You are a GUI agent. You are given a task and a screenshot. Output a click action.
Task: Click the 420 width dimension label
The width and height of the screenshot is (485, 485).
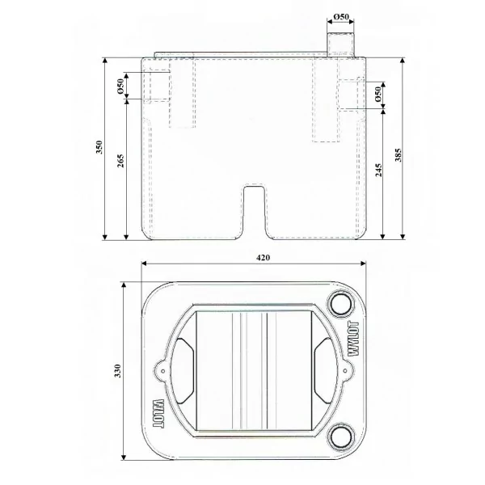pos(263,257)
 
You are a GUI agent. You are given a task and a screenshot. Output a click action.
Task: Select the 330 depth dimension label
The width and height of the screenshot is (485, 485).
pos(117,371)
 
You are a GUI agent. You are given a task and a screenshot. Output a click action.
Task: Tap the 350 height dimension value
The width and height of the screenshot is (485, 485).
pos(99,148)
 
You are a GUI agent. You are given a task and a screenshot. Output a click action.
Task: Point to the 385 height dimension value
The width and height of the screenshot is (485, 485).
pos(398,155)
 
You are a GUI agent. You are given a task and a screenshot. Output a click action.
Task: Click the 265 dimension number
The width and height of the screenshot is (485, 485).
pos(120,161)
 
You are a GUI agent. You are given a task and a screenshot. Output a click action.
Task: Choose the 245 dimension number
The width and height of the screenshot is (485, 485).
pos(378,171)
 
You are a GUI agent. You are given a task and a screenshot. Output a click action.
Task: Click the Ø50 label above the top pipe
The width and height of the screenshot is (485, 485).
pos(341,16)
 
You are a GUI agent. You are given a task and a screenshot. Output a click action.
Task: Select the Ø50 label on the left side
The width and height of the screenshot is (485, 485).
pos(120,86)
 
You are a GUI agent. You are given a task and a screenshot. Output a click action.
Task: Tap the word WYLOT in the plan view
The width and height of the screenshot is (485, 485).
pos(354,339)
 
